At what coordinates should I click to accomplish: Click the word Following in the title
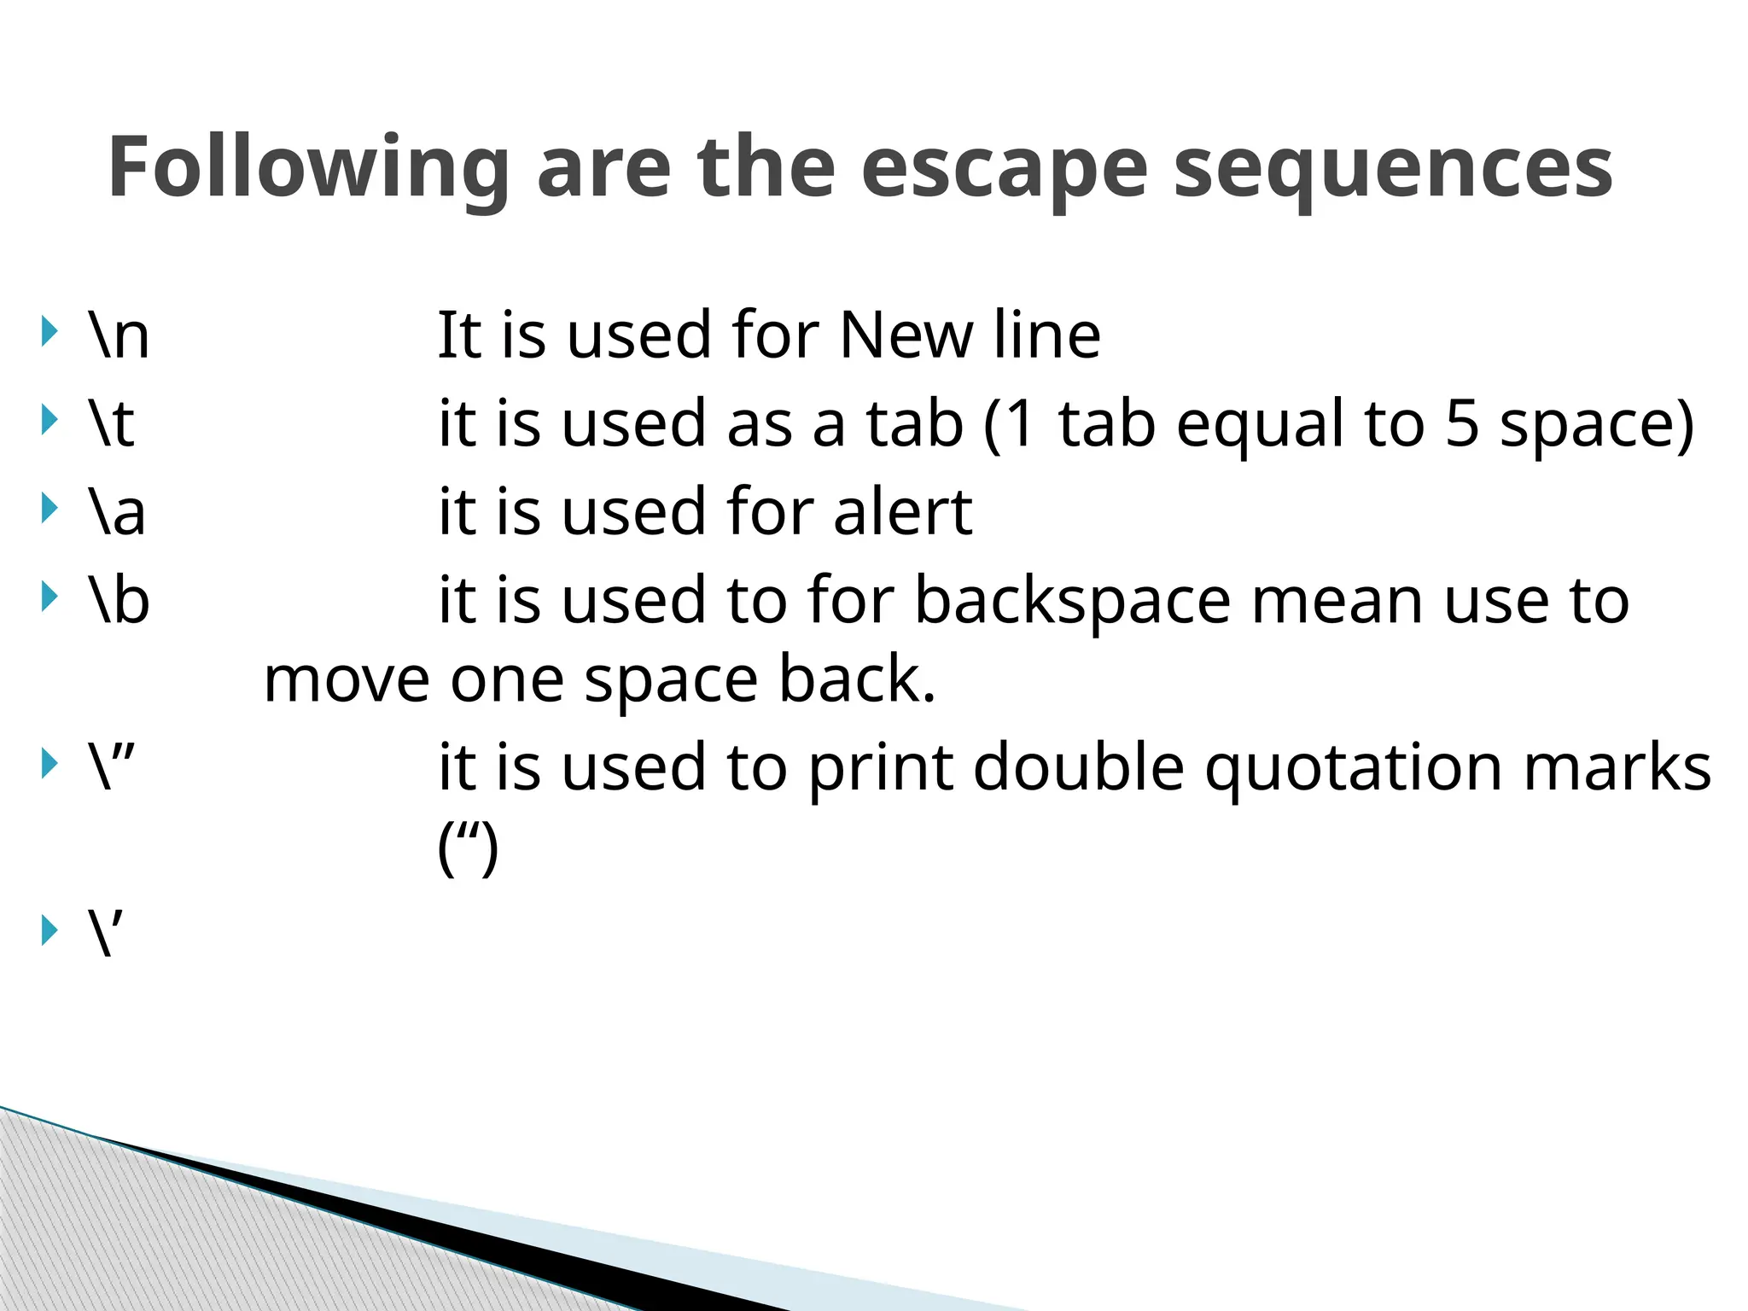[x=309, y=169]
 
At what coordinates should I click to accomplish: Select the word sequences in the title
[x=1393, y=169]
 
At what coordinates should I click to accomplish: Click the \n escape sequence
[x=119, y=335]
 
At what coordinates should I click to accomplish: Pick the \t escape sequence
[x=112, y=423]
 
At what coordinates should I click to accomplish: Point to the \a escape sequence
[x=117, y=512]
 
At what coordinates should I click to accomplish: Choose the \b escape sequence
[x=119, y=599]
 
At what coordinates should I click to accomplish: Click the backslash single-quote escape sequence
[x=107, y=933]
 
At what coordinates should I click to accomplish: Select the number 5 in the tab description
[x=1461, y=423]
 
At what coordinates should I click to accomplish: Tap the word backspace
[x=1073, y=601]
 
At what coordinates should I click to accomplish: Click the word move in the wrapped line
[x=347, y=680]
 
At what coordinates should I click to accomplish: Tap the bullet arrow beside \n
[x=50, y=331]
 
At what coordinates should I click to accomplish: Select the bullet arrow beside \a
[x=50, y=509]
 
